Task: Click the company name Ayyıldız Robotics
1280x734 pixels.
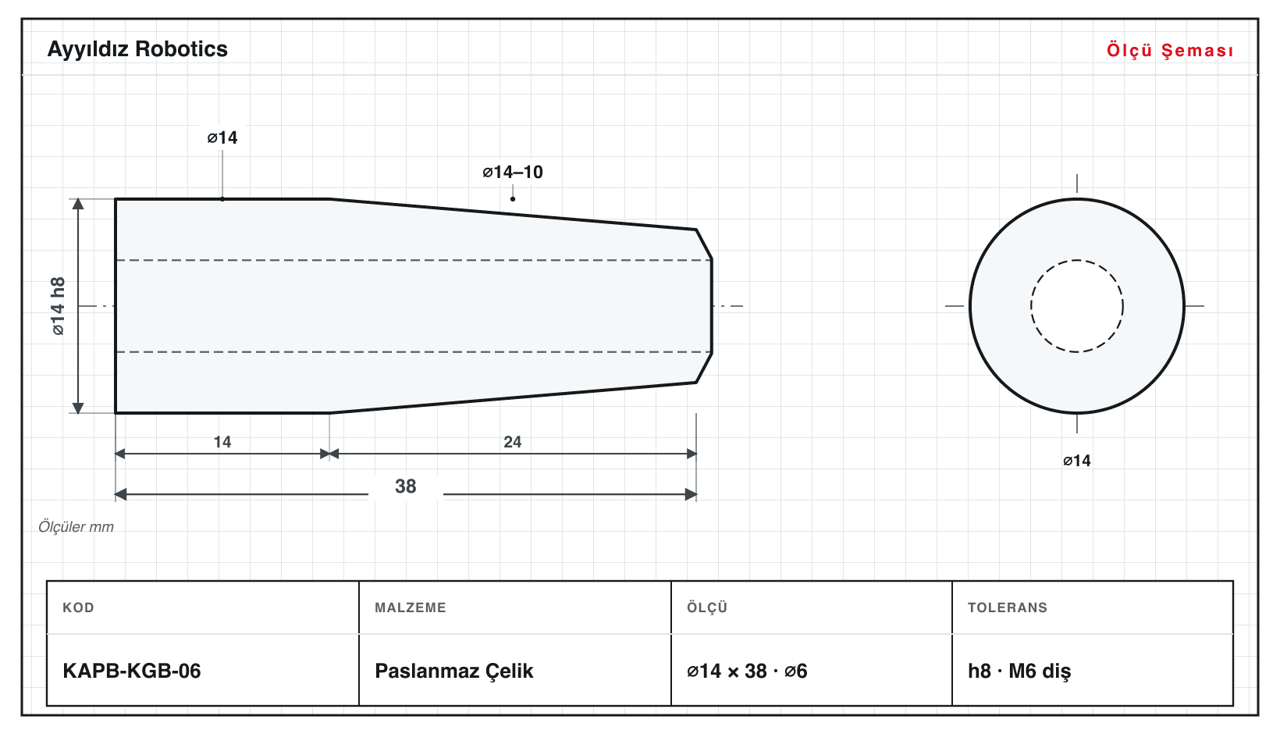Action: point(137,50)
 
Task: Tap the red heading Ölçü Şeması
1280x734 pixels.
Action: point(1170,50)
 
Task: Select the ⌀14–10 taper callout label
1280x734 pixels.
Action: point(513,172)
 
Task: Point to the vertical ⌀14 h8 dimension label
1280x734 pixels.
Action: point(59,306)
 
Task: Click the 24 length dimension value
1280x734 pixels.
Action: point(513,442)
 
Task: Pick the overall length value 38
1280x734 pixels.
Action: point(406,486)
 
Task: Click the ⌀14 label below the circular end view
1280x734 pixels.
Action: point(1077,461)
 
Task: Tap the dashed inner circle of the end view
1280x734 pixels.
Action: point(1077,261)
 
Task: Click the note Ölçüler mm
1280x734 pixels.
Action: point(76,526)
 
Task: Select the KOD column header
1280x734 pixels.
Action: point(78,608)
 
